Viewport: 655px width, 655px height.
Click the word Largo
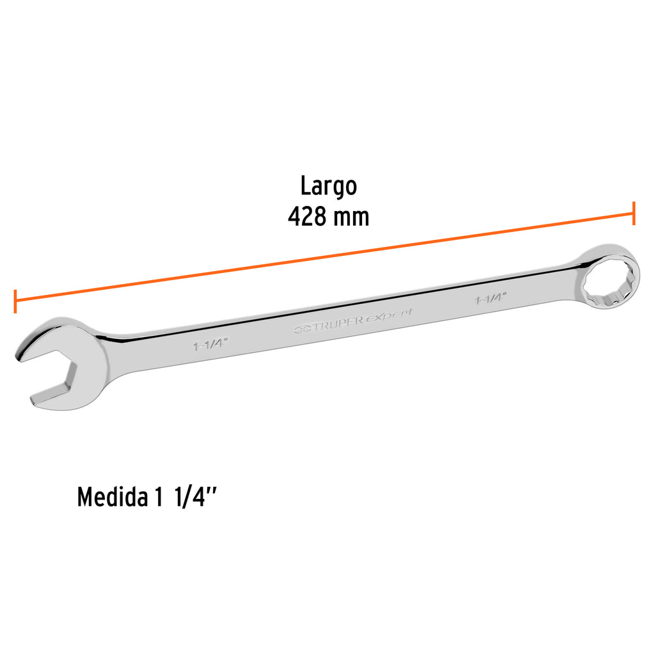pyautogui.click(x=329, y=186)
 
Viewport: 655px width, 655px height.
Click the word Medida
pyautogui.click(x=111, y=497)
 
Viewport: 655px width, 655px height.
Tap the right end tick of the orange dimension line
pyautogui.click(x=634, y=213)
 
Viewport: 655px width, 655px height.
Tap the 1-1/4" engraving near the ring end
pyautogui.click(x=491, y=298)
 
